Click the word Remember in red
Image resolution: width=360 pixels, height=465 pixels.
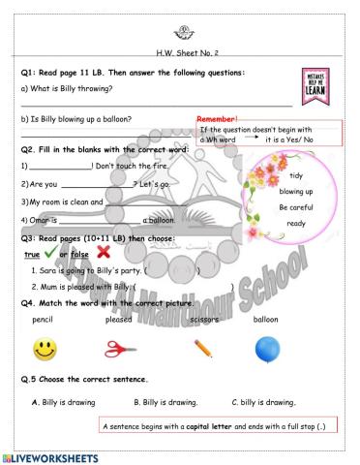pyautogui.click(x=217, y=120)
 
